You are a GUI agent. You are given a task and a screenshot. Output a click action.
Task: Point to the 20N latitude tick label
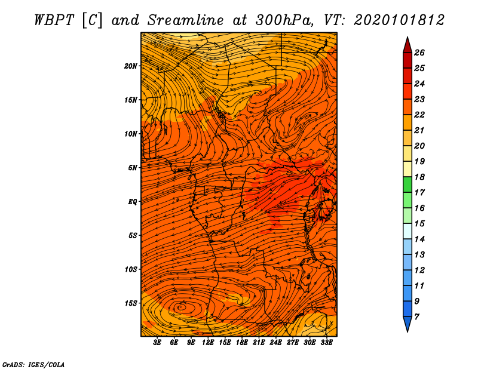[x=131, y=66]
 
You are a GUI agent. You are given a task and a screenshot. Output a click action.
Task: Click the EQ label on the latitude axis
[x=133, y=201]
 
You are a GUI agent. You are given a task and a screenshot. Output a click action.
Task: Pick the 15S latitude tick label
[x=131, y=303]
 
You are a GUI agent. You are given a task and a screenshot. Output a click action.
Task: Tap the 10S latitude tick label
[x=131, y=269]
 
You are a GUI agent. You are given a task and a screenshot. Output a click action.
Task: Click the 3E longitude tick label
[x=158, y=343]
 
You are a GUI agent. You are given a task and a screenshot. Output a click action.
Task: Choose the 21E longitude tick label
[x=259, y=343]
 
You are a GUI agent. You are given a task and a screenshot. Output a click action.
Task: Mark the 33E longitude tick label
[x=326, y=343]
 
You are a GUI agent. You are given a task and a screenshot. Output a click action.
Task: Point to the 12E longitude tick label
[x=208, y=343]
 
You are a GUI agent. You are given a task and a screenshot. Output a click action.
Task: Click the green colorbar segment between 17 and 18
[x=407, y=184]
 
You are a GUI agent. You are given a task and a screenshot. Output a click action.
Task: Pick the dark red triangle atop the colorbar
[x=407, y=45]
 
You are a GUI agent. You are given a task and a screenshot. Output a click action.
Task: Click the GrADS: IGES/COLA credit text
[x=33, y=364]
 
